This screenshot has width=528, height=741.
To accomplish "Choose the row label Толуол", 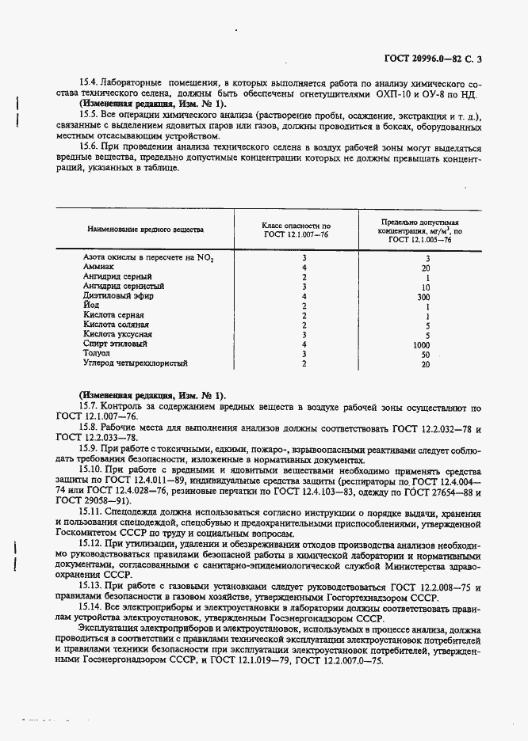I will tap(98, 353).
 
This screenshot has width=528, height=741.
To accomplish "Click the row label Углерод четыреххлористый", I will tap(135, 363).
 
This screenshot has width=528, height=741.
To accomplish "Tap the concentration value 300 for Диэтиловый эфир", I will tap(423, 296).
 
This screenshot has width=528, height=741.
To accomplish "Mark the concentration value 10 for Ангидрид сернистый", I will tap(425, 287).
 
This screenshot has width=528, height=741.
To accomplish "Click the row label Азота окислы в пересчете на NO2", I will tap(147, 258).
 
